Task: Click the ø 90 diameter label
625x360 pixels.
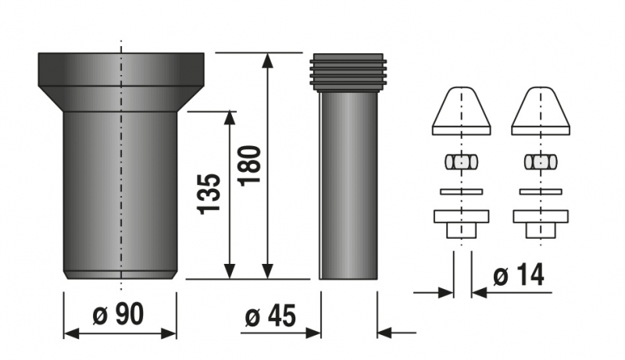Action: tap(118, 314)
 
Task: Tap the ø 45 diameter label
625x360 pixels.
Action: tap(270, 316)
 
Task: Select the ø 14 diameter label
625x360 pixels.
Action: tap(519, 275)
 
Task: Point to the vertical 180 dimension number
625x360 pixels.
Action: tap(249, 166)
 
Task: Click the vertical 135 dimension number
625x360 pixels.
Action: tap(209, 194)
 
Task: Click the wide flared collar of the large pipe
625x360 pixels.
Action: tap(121, 82)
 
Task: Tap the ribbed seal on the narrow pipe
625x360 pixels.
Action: tap(348, 72)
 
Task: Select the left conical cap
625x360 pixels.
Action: tap(461, 111)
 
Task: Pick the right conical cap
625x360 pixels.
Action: tap(541, 111)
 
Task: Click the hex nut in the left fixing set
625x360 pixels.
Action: tap(461, 162)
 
